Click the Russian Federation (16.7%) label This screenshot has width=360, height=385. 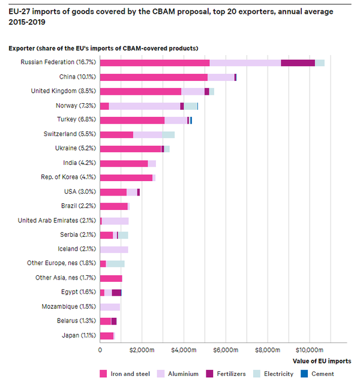[59, 62]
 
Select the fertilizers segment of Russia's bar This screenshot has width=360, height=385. [298, 62]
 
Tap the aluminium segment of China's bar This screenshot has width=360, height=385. [221, 77]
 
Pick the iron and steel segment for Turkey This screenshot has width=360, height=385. [132, 120]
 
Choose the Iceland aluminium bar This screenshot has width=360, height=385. [114, 249]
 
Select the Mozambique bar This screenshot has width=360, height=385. [110, 306]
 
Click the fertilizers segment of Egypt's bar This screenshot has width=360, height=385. [116, 292]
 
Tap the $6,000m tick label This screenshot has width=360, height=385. [226, 349]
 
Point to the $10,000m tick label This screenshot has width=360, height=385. [310, 349]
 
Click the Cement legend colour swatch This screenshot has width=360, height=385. [305, 374]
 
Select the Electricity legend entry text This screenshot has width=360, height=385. [279, 374]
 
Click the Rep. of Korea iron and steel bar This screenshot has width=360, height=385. [126, 178]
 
